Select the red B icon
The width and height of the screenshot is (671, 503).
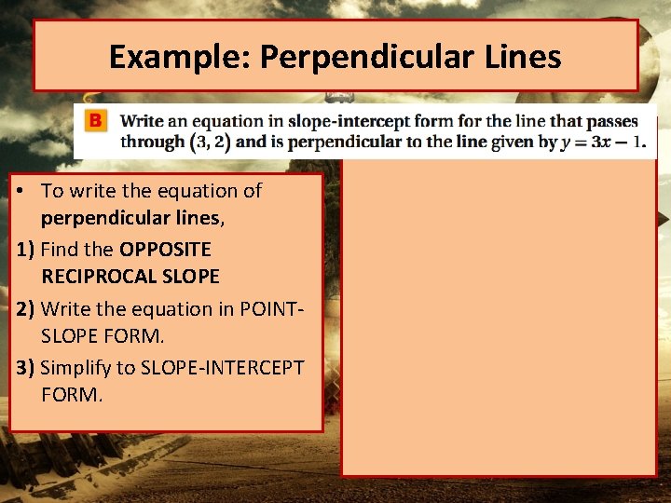point(95,121)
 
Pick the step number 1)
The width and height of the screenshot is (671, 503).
point(26,250)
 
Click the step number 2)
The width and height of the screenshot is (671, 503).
point(26,308)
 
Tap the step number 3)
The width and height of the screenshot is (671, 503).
point(26,367)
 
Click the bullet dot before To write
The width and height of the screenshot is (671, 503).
point(21,191)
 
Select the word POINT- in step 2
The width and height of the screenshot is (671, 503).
point(274,308)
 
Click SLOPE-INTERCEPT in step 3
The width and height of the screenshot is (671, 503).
point(222,367)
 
